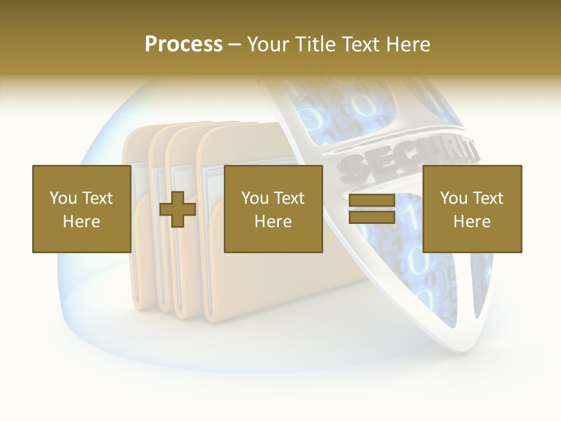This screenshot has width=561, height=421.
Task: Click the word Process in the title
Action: [x=183, y=44]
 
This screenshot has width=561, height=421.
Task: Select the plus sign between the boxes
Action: [x=178, y=209]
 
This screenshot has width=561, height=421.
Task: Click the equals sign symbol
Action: [x=372, y=209]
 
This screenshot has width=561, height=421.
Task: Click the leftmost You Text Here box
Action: [x=82, y=209]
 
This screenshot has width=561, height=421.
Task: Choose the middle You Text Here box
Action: [x=273, y=209]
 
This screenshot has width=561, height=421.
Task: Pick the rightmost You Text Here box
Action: [x=472, y=209]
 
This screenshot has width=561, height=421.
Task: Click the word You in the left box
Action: [x=63, y=198]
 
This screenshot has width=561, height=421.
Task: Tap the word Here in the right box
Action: [x=472, y=222]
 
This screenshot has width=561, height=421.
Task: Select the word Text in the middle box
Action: [x=289, y=198]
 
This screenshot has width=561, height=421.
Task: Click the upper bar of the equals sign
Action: [x=372, y=201]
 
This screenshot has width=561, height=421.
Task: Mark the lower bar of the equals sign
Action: [x=372, y=218]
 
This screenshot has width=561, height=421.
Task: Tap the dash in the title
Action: [x=234, y=44]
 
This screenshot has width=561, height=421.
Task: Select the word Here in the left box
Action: [x=81, y=222]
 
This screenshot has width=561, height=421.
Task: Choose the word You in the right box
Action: [x=453, y=198]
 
